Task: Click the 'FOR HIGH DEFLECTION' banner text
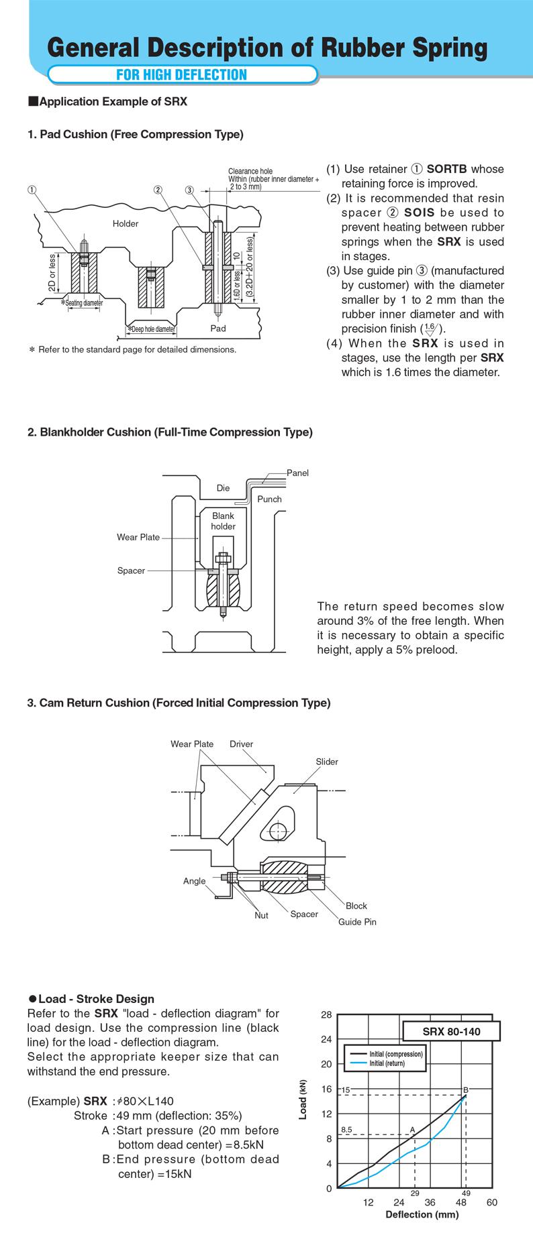click(x=182, y=74)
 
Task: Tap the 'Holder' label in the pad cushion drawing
click(x=126, y=224)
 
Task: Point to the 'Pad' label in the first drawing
click(x=218, y=329)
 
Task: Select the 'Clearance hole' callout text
click(x=250, y=172)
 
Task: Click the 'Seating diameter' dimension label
click(x=83, y=303)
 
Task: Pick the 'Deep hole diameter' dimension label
click(x=152, y=329)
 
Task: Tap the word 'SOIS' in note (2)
click(x=420, y=213)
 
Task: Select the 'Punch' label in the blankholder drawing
click(x=270, y=499)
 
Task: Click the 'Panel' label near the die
click(x=297, y=473)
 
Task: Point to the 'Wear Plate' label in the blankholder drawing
click(x=138, y=537)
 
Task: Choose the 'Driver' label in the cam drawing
click(x=242, y=744)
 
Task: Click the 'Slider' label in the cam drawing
click(x=327, y=762)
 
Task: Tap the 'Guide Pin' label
click(x=357, y=922)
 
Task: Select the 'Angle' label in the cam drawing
click(x=195, y=881)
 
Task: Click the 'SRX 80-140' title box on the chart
click(x=452, y=1031)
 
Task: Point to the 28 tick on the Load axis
click(x=326, y=1015)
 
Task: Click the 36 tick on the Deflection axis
click(x=430, y=1202)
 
